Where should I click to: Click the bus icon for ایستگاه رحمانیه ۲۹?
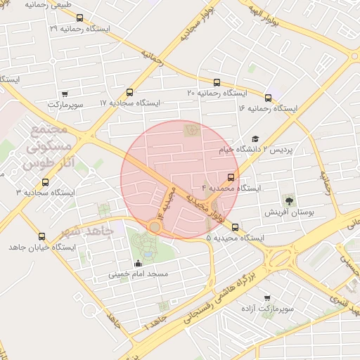click(79, 18)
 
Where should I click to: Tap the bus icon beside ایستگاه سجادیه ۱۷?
click(129, 92)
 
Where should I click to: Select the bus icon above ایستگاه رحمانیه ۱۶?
click(268, 98)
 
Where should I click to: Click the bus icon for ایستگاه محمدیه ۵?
click(235, 227)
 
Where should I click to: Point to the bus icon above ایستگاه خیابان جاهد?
click(41, 237)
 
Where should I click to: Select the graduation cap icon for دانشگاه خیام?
click(255, 139)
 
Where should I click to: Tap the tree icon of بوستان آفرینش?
click(289, 200)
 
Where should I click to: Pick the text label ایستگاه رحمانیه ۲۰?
click(217, 93)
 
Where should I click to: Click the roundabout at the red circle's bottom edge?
click(155, 226)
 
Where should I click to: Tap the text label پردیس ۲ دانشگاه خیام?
click(285, 150)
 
